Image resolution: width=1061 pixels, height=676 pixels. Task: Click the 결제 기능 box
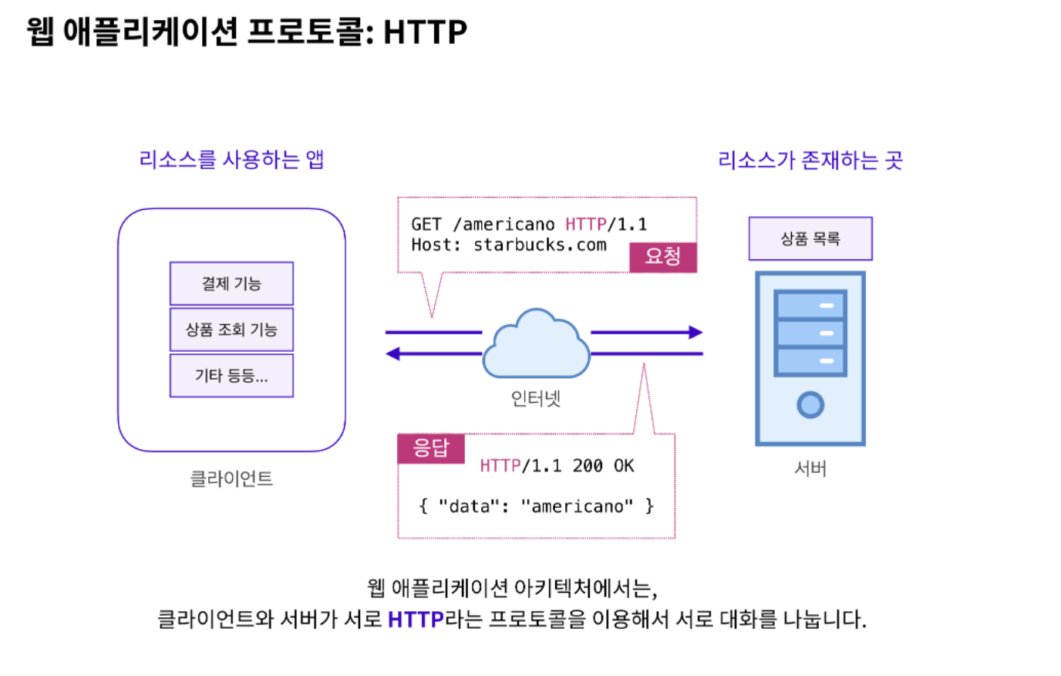(231, 283)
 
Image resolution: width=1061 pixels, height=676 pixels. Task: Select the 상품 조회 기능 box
(231, 330)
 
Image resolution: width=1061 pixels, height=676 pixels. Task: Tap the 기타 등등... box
(231, 376)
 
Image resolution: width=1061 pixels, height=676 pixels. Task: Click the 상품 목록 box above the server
(810, 238)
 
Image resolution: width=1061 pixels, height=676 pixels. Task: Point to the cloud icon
(537, 344)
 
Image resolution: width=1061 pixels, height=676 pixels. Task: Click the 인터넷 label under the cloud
(536, 398)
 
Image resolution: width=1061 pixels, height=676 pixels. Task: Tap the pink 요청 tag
(662, 257)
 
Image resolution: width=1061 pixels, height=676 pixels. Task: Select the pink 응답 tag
(430, 448)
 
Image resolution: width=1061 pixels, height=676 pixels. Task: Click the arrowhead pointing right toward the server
(696, 333)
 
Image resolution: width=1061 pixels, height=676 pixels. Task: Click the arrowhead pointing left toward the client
(393, 353)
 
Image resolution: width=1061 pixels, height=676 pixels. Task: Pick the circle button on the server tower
(810, 404)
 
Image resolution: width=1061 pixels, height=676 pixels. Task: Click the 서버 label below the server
(810, 468)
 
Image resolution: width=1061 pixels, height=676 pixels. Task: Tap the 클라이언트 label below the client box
(231, 478)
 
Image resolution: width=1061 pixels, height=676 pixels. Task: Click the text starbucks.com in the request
(540, 245)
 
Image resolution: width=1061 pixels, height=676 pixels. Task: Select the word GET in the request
(426, 225)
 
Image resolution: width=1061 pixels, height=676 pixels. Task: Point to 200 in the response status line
(588, 466)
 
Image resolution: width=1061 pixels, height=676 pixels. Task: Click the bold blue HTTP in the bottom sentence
(416, 619)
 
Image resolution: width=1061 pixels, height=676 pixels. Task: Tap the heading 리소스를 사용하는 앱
(231, 160)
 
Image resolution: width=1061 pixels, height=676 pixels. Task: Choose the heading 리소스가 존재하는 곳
(810, 161)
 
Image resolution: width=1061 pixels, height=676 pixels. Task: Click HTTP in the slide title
(425, 32)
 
